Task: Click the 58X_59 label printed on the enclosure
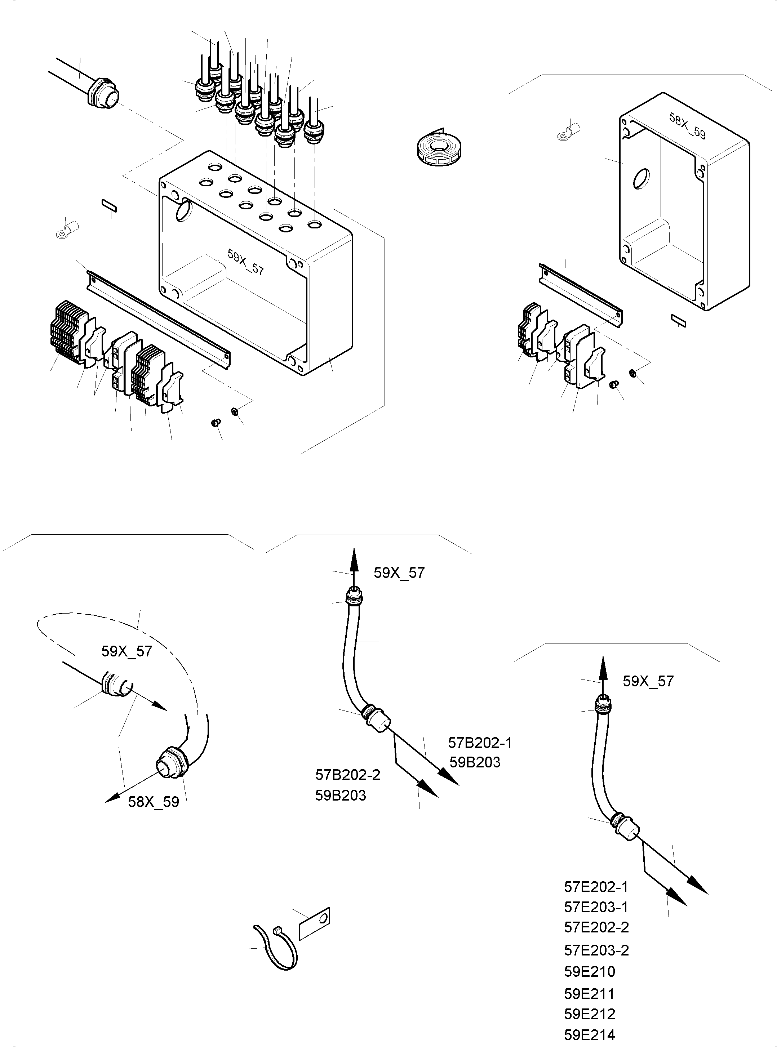(x=687, y=126)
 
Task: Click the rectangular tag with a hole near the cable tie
(x=314, y=923)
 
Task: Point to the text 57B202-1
(x=479, y=743)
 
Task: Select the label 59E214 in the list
(x=589, y=1034)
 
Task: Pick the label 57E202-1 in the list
(x=596, y=887)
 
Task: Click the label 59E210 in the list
(x=589, y=971)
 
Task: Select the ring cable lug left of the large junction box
(x=65, y=229)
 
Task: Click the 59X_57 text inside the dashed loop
(x=126, y=651)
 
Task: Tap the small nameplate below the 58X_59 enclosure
(x=678, y=321)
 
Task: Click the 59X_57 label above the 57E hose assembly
(x=648, y=681)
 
